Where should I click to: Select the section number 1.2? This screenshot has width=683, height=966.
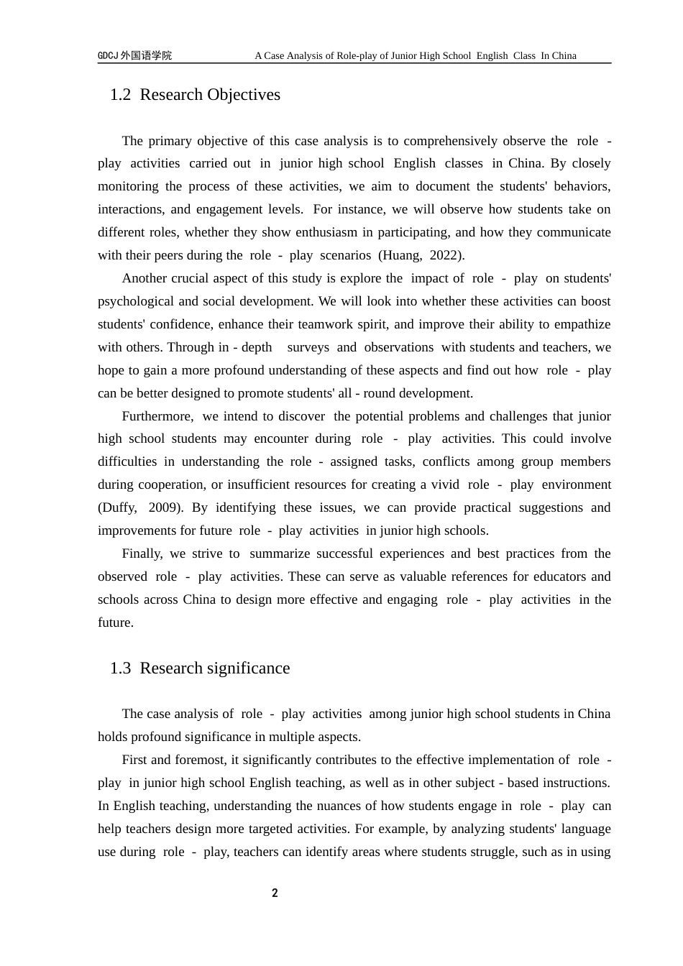pos(120,95)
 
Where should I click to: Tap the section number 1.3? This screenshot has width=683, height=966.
pos(120,668)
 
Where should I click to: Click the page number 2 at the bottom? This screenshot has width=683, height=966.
pos(275,893)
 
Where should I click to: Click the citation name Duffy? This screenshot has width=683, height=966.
pos(117,507)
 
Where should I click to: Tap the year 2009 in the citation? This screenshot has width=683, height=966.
pos(164,507)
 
